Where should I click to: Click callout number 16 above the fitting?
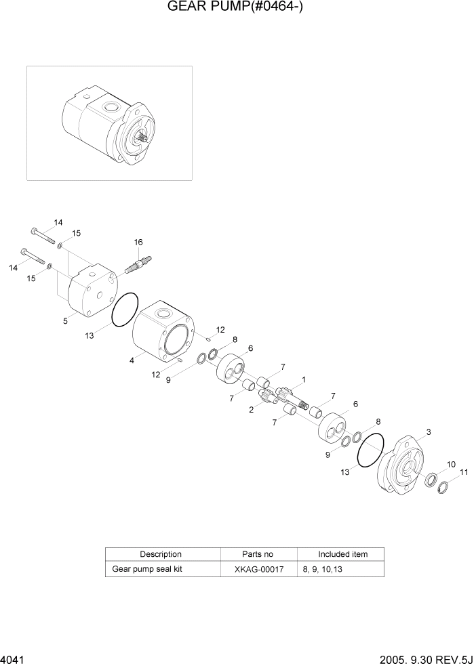[138, 243]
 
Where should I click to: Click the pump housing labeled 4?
[163, 333]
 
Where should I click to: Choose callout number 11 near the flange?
[464, 473]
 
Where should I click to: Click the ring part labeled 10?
[431, 480]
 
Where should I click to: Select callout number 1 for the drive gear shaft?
[304, 379]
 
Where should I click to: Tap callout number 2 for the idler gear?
[252, 410]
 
